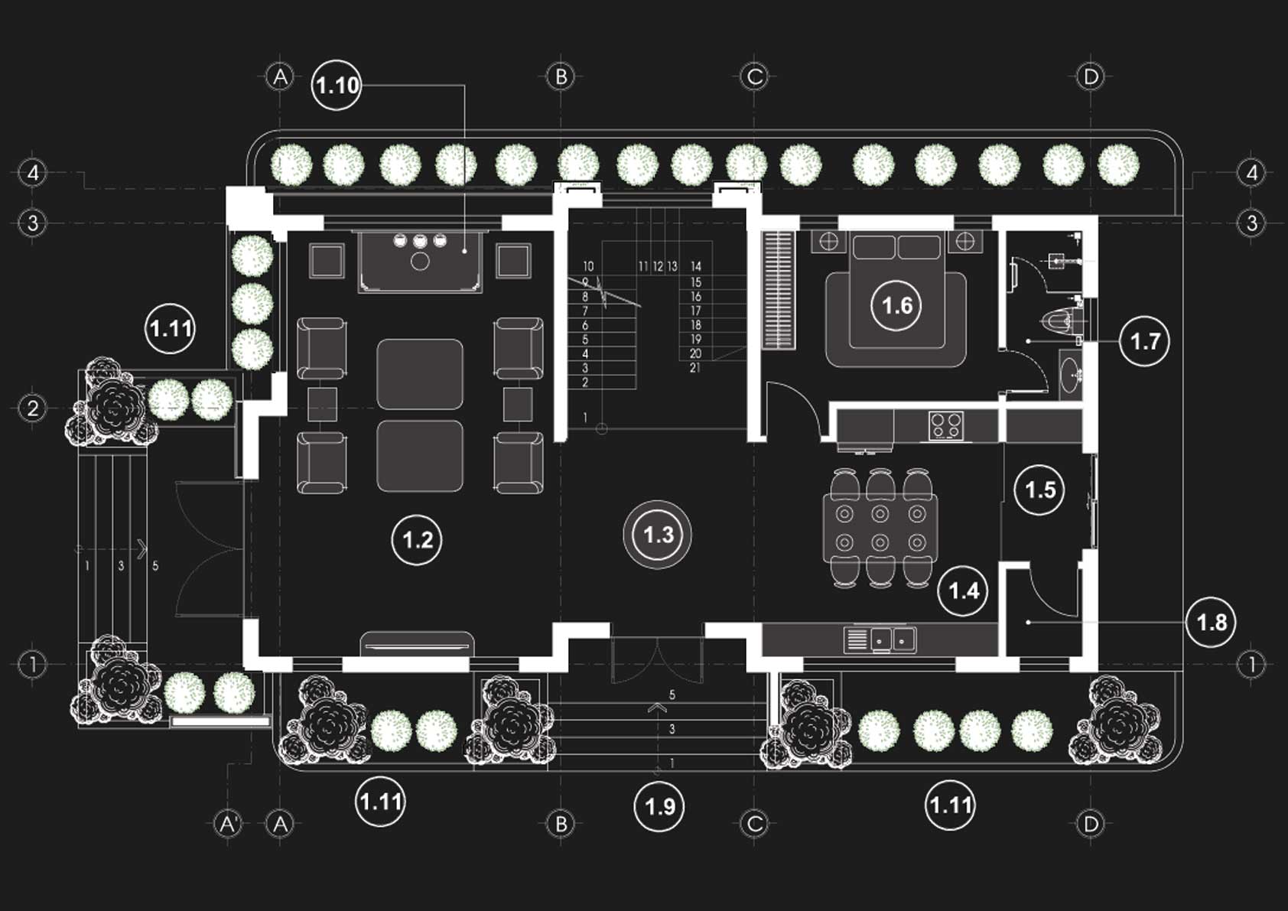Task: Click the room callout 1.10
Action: click(x=337, y=85)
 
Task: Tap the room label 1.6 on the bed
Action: click(x=896, y=306)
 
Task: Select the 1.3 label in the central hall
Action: click(x=658, y=534)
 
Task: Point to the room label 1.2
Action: click(x=417, y=540)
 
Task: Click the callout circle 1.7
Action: click(x=1145, y=341)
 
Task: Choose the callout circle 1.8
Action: click(x=1212, y=622)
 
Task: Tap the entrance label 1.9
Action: click(x=659, y=806)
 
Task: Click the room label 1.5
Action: click(x=1040, y=490)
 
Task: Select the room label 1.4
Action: click(x=963, y=591)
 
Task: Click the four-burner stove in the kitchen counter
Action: click(x=946, y=426)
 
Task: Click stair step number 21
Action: click(x=694, y=368)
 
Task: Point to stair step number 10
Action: click(x=587, y=266)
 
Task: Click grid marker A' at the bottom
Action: click(x=228, y=824)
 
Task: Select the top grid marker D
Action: click(x=1091, y=76)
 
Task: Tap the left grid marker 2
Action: click(x=33, y=408)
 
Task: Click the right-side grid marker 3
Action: click(x=1251, y=223)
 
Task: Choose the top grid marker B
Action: click(x=561, y=76)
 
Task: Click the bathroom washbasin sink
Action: click(x=1071, y=375)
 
